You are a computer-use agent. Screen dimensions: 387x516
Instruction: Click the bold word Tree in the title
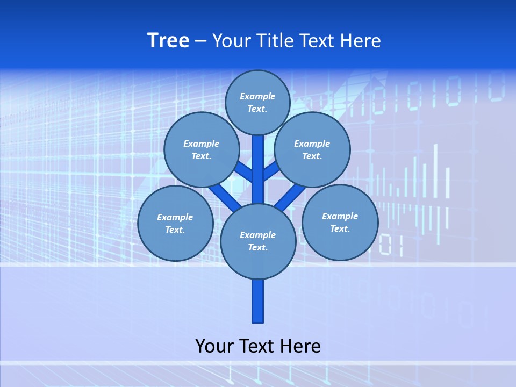(x=168, y=40)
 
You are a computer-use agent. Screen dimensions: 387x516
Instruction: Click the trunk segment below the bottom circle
(x=258, y=301)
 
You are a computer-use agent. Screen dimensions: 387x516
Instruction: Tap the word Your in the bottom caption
(x=214, y=346)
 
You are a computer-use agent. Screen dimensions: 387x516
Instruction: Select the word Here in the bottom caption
(x=300, y=346)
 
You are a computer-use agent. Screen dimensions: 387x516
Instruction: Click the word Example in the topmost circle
(x=257, y=96)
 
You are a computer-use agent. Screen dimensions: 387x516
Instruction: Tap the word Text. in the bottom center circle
(x=257, y=247)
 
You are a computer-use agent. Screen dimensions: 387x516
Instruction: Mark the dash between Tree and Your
(x=200, y=41)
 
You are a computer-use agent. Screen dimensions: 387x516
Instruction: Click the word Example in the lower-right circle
(x=340, y=216)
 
